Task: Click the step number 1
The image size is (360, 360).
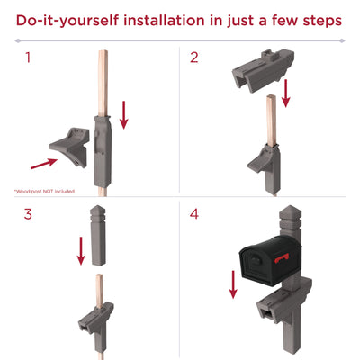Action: (28, 58)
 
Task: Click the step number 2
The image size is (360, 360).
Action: (194, 58)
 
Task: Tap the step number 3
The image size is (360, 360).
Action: (28, 215)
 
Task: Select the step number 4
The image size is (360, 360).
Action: (194, 215)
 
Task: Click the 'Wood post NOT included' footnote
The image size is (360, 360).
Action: (44, 192)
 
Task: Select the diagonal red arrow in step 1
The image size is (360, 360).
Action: (42, 163)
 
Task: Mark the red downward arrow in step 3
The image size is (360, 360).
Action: (81, 249)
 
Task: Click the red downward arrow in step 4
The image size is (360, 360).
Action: (234, 284)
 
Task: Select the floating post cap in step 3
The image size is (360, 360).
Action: (99, 233)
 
